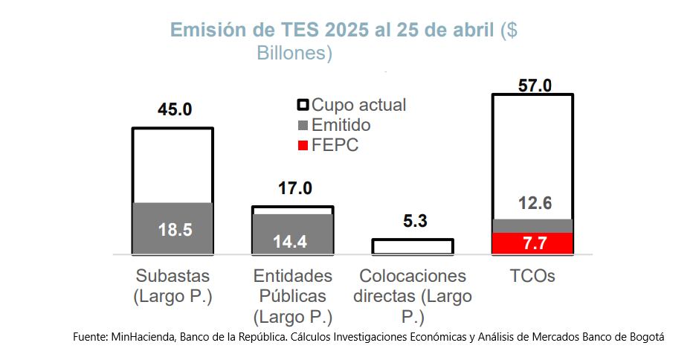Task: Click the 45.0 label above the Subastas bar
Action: [x=174, y=110]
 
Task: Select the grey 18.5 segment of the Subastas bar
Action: [x=173, y=228]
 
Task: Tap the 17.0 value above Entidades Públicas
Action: [x=294, y=188]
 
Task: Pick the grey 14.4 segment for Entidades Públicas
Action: [x=292, y=234]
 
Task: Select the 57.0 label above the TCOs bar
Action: [x=533, y=86]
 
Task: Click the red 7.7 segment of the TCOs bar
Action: [x=532, y=243]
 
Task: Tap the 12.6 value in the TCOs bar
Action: [x=532, y=203]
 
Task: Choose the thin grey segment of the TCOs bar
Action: [x=532, y=225]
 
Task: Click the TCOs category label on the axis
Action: [x=533, y=277]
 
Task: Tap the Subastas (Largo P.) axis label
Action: [x=173, y=286]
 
